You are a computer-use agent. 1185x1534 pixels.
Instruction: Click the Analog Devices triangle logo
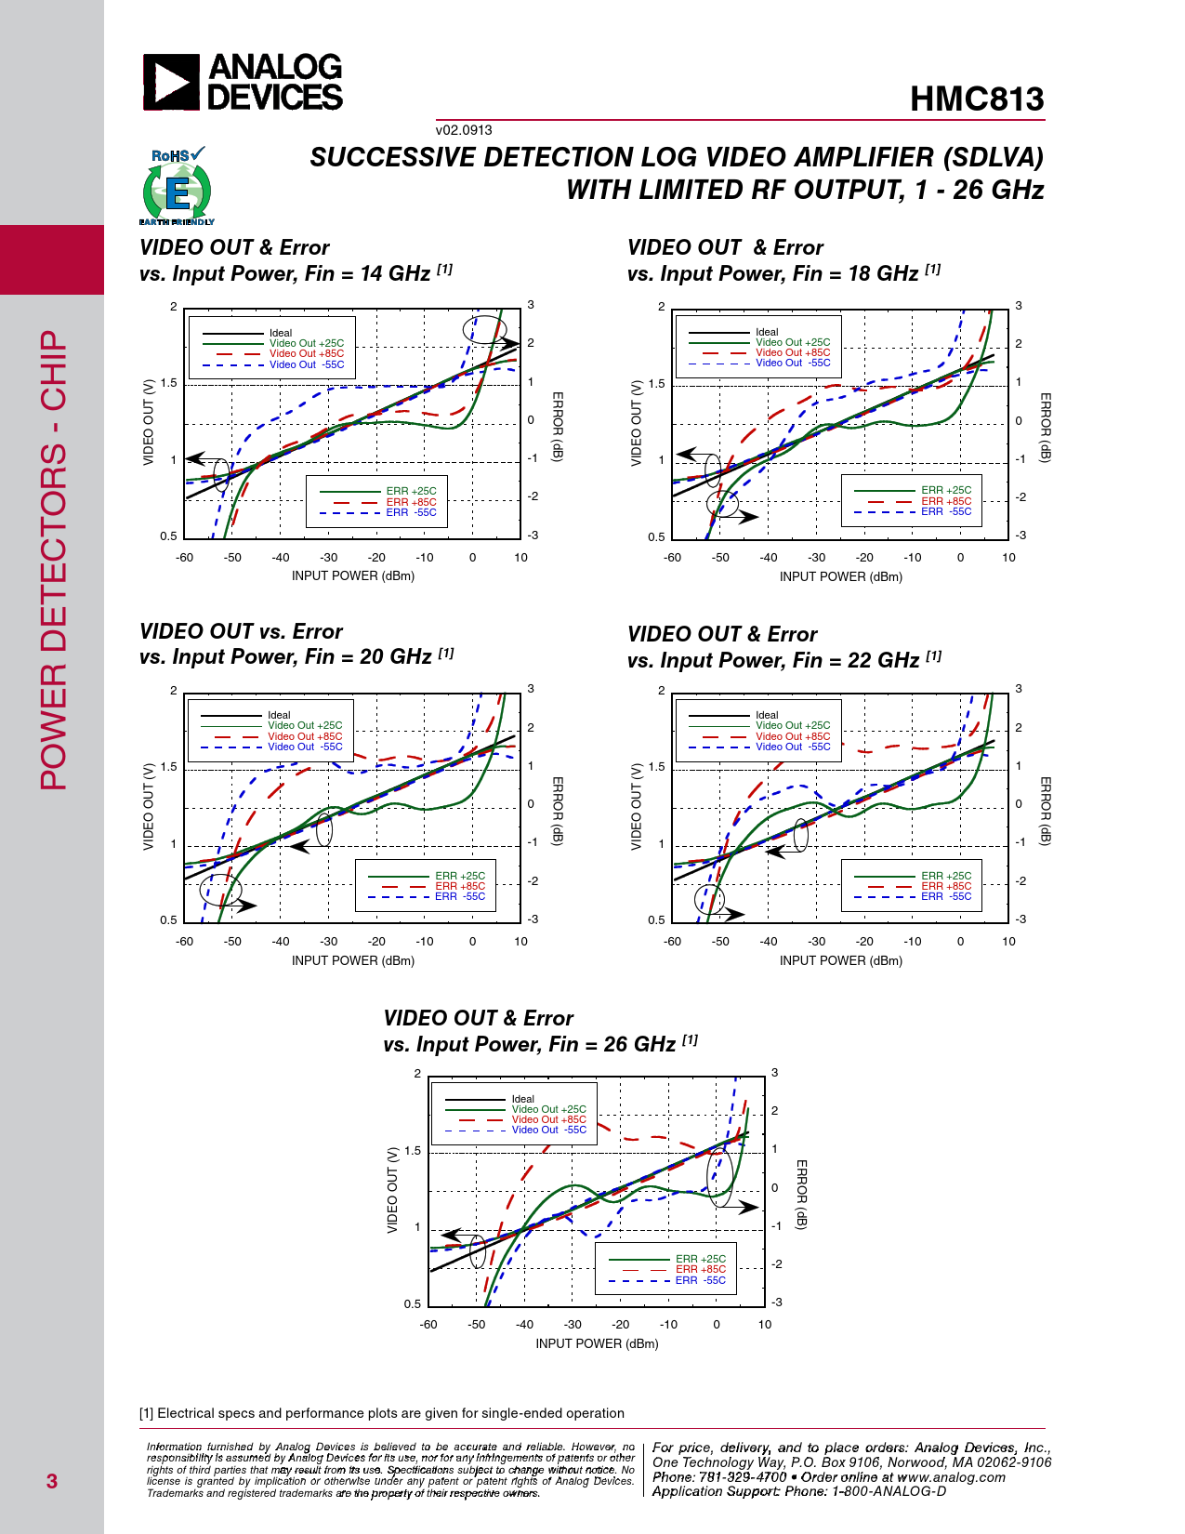click(x=171, y=83)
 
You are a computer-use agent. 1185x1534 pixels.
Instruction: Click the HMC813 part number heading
click(x=976, y=99)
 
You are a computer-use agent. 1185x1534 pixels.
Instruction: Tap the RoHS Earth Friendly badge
click(x=177, y=187)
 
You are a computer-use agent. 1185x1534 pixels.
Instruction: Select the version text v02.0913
click(x=464, y=130)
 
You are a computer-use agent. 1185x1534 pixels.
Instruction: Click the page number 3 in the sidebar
click(x=52, y=1481)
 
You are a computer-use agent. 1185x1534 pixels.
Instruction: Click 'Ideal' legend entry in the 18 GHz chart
click(x=767, y=332)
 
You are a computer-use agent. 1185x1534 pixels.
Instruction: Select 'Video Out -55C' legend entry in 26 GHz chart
click(x=548, y=1130)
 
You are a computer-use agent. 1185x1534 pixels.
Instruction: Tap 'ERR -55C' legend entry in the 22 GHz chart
click(x=946, y=896)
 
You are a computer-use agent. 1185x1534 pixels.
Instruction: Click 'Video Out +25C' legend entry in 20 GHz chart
click(x=305, y=725)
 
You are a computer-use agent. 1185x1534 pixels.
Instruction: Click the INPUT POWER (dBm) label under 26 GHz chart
click(x=597, y=1343)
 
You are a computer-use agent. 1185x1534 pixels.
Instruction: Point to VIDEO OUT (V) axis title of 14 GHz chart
click(x=149, y=422)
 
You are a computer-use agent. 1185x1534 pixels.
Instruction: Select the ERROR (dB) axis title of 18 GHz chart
click(x=1046, y=427)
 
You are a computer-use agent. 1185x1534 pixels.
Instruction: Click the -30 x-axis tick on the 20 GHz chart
click(x=329, y=941)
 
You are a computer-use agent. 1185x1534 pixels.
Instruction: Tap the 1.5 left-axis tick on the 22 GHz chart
click(x=656, y=767)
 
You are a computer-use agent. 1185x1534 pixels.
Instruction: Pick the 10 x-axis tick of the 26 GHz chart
click(x=765, y=1324)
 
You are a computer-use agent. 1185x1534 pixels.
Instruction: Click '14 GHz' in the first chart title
click(x=395, y=273)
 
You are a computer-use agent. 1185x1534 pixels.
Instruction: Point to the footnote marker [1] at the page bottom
click(x=146, y=1413)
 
